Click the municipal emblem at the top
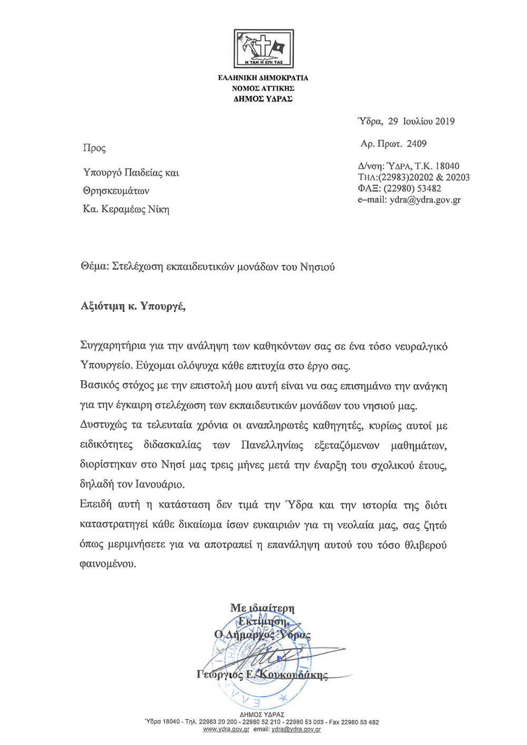click(263, 49)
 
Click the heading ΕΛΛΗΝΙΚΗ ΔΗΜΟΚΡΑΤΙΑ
click(263, 78)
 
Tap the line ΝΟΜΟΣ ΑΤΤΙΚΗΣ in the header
click(263, 88)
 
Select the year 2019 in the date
click(444, 121)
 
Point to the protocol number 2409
click(416, 143)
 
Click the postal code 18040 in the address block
click(447, 166)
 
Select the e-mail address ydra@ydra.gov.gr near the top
click(425, 200)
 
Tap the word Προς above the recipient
click(94, 148)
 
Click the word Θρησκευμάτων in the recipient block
click(116, 191)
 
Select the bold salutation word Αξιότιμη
click(102, 306)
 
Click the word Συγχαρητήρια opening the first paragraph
click(113, 346)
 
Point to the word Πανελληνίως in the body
click(272, 445)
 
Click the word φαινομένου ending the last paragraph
click(108, 564)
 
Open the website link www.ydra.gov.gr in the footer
click(226, 729)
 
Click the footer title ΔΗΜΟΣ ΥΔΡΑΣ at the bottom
click(262, 715)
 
